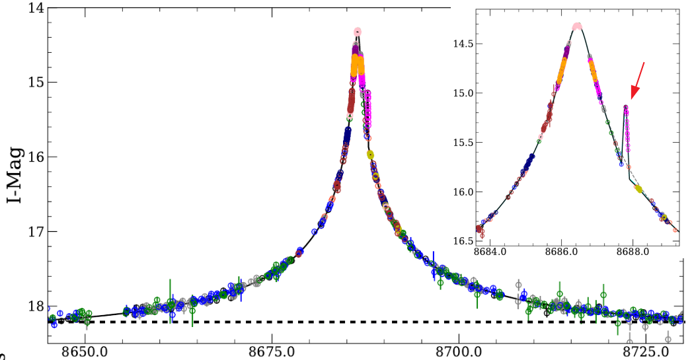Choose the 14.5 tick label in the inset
click(x=462, y=44)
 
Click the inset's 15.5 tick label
click(x=462, y=143)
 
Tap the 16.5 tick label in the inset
click(x=462, y=241)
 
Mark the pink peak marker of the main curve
click(x=358, y=31)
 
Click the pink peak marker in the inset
click(x=577, y=26)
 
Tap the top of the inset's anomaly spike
click(x=625, y=106)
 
